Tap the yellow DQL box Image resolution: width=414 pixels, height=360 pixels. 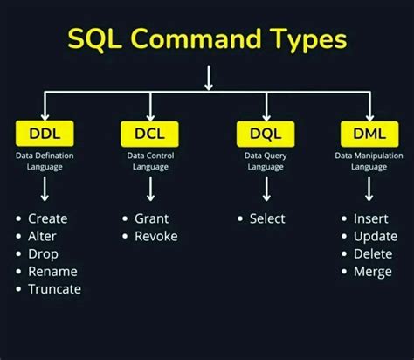click(265, 134)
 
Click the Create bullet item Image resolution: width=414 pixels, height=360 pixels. click(47, 218)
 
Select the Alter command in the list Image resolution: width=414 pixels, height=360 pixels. click(43, 236)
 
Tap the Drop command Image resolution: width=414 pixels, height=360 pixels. click(43, 253)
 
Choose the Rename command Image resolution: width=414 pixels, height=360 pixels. click(52, 271)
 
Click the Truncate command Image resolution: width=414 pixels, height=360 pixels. click(54, 288)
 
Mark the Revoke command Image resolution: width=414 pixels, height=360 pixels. click(156, 236)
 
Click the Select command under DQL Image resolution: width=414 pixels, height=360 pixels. click(267, 218)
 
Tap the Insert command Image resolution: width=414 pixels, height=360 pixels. click(371, 218)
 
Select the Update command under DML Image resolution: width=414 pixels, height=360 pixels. click(375, 236)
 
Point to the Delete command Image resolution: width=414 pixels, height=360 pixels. click(373, 253)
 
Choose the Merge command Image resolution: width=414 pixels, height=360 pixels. click(373, 271)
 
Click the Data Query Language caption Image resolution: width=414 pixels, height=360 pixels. click(265, 161)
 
